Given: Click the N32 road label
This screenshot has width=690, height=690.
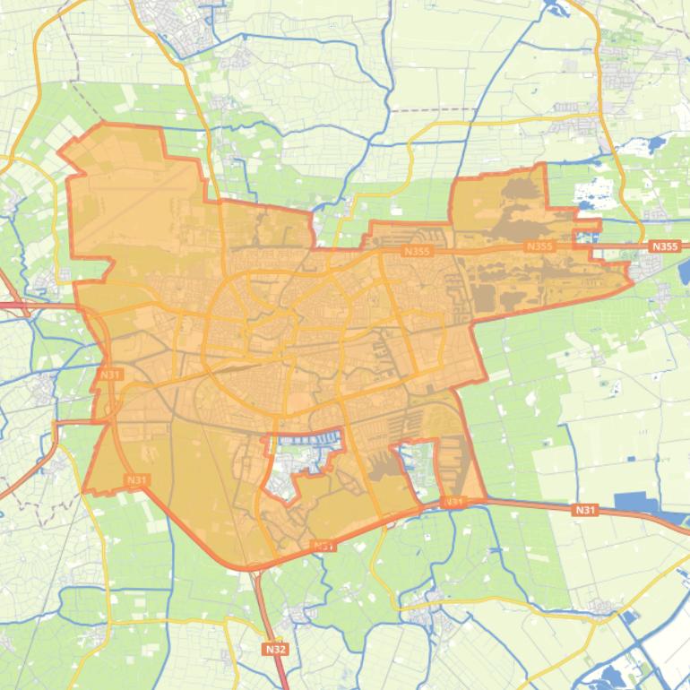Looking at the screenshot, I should (x=275, y=648).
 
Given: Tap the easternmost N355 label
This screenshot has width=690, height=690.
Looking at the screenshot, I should (x=665, y=246).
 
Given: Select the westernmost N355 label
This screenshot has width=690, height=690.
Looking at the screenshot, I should (x=417, y=252).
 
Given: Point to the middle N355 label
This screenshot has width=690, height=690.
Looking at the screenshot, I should (x=539, y=246).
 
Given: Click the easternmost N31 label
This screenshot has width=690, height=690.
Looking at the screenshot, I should (x=584, y=510).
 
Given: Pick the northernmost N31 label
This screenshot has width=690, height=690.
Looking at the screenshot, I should (x=110, y=374).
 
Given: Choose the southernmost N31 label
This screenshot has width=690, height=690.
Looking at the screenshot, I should (x=323, y=545).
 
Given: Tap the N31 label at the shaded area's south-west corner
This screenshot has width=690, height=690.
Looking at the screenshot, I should (x=135, y=480).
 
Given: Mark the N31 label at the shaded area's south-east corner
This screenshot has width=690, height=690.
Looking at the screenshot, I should (x=454, y=502).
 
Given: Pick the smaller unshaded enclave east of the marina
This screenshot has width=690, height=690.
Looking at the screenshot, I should (x=410, y=462).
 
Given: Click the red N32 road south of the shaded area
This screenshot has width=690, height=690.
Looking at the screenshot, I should (x=265, y=609).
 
